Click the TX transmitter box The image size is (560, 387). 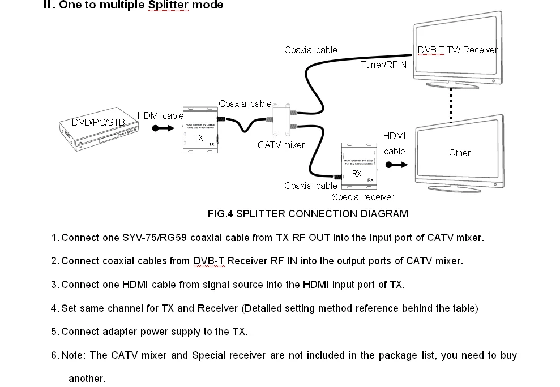coord(200,128)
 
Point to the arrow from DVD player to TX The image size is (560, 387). coord(163,128)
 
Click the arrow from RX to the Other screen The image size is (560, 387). coord(396,165)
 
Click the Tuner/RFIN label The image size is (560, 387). coord(383,64)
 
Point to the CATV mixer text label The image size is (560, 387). coord(281,145)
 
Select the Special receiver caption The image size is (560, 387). coord(362,197)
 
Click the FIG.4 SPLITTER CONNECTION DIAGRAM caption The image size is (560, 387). coord(307,214)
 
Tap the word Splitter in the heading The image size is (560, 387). coord(170,5)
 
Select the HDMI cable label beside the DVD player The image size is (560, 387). coord(161,116)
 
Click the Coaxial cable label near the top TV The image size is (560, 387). coord(310,50)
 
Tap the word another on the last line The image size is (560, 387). coord(87,379)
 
